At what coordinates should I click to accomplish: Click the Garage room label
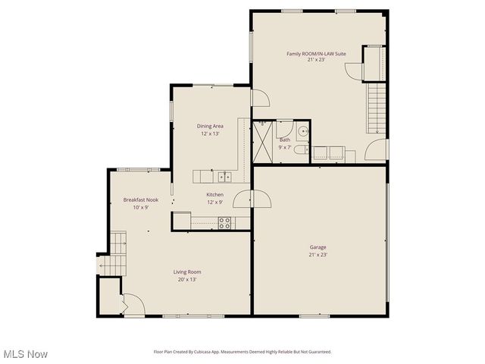[318, 247]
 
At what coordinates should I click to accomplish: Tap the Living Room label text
[187, 271]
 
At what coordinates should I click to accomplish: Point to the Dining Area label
[210, 126]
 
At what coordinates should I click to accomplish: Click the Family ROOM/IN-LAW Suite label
[316, 54]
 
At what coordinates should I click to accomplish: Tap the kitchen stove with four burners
[224, 222]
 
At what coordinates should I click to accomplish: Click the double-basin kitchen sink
[224, 177]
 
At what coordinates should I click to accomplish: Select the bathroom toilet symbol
[300, 149]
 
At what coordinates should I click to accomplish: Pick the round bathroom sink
[302, 130]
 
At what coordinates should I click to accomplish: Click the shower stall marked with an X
[264, 142]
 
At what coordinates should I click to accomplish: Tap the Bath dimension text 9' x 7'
[285, 148]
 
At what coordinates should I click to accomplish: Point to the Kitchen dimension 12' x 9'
[215, 202]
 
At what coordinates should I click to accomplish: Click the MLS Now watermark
[26, 354]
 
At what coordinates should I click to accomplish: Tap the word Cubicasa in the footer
[206, 352]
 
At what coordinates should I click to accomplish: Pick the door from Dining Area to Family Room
[259, 98]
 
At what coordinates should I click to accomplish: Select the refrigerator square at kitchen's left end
[181, 221]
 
